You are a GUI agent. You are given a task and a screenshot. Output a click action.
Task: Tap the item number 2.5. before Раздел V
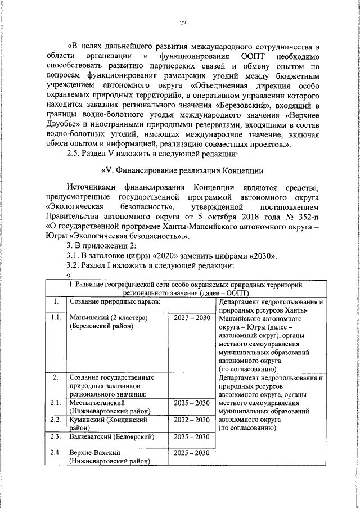[75, 154]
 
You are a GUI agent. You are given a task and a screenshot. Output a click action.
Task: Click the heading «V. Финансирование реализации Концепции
[183, 171]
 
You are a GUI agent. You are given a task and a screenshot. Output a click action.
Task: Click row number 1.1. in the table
[55, 318]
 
